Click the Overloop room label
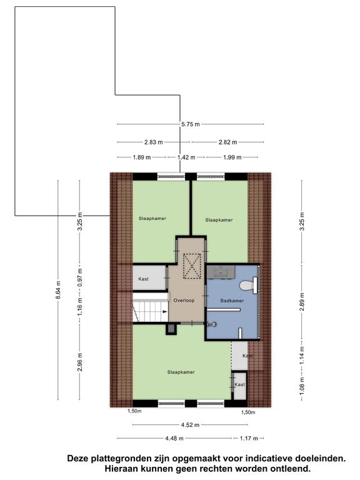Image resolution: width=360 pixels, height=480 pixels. [184, 300]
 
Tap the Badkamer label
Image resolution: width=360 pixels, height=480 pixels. [232, 301]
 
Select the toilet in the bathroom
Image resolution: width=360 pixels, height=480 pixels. [249, 285]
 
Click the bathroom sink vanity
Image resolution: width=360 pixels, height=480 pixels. [221, 272]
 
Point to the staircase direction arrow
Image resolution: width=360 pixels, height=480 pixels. [165, 312]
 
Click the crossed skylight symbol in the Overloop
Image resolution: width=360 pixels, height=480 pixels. [192, 266]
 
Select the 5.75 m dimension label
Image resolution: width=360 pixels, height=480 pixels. [190, 124]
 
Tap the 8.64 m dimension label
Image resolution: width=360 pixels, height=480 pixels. [59, 289]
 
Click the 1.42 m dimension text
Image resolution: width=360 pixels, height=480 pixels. [186, 157]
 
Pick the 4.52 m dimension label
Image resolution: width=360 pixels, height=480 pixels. [190, 425]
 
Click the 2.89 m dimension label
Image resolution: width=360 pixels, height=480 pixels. [302, 302]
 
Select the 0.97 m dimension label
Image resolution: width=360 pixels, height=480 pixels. [80, 277]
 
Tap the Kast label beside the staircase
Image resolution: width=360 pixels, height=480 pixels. [143, 279]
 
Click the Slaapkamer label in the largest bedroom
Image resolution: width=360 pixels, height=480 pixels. [181, 372]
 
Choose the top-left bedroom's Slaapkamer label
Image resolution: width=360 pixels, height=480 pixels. [152, 219]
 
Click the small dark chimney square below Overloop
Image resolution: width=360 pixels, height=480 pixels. [171, 329]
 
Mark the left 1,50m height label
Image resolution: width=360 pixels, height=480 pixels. [134, 411]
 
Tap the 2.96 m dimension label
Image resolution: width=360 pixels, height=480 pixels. [80, 362]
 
